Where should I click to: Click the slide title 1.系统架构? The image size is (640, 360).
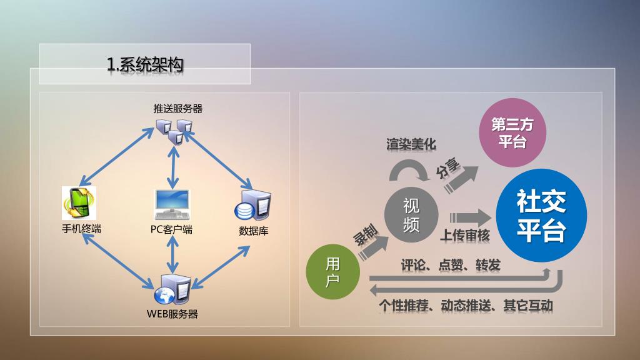tap(145, 64)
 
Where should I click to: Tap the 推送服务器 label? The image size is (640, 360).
tap(178, 109)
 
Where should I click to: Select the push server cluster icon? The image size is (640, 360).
tap(174, 131)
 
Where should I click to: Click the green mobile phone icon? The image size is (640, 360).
tap(79, 204)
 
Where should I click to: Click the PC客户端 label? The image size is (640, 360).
tap(171, 229)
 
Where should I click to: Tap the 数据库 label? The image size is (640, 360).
tap(254, 231)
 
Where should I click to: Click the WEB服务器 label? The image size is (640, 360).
tap(172, 314)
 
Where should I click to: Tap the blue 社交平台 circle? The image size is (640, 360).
tap(541, 216)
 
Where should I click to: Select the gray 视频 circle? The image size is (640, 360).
tap(411, 214)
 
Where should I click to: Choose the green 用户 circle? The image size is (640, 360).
tap(333, 272)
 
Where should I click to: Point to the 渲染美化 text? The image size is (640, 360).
tap(411, 144)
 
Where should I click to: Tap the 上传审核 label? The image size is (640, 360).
tap(466, 236)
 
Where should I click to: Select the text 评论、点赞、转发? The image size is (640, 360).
tap(451, 265)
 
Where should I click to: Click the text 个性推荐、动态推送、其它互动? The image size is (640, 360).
tap(466, 306)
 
